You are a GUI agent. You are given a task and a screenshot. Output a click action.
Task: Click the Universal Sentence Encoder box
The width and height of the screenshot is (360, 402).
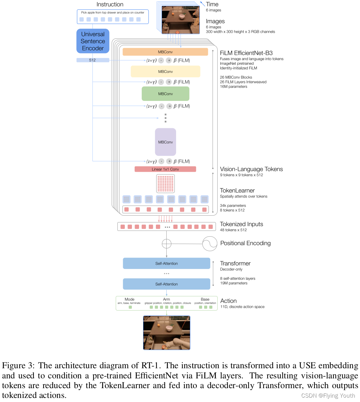pyautogui.click(x=93, y=41)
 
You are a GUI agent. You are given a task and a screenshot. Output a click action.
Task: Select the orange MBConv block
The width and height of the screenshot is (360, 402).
pyautogui.click(x=165, y=52)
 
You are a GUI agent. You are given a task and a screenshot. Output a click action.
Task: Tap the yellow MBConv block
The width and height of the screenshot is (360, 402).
pyautogui.click(x=165, y=72)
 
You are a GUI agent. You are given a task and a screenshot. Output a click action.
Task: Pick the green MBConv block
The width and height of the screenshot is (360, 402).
pyautogui.click(x=165, y=94)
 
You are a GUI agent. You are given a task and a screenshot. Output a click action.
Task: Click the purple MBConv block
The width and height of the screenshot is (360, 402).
pyautogui.click(x=165, y=142)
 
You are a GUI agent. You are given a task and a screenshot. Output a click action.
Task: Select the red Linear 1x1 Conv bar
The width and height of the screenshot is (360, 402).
pyautogui.click(x=165, y=169)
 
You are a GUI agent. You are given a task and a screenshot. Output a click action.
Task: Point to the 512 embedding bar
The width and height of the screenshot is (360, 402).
pyautogui.click(x=93, y=60)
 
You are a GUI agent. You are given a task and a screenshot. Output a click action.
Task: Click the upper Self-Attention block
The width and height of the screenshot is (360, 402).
pyautogui.click(x=166, y=264)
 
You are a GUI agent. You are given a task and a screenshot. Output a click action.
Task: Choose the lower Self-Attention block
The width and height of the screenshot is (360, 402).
pyautogui.click(x=166, y=284)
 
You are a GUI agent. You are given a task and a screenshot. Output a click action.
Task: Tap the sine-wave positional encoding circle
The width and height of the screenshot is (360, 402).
pyautogui.click(x=210, y=244)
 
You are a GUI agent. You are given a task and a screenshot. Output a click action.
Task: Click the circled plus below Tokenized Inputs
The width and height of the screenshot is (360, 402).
pyautogui.click(x=167, y=244)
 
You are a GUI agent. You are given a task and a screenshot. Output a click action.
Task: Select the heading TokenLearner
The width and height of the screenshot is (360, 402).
pyautogui.click(x=237, y=191)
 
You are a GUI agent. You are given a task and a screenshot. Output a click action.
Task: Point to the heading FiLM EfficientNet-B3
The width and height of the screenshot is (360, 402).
pyautogui.click(x=246, y=53)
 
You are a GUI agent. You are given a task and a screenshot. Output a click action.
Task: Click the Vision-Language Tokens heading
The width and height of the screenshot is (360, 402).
pyautogui.click(x=251, y=169)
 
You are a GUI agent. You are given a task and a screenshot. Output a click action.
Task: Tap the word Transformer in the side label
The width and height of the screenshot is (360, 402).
pyautogui.click(x=235, y=264)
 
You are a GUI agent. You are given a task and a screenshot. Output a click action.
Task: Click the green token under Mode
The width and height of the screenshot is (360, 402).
pyautogui.click(x=130, y=307)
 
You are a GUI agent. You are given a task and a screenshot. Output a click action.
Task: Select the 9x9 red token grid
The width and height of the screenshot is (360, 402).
pyautogui.click(x=165, y=184)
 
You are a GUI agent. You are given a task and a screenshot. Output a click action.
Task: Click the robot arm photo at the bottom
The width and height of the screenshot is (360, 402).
pyautogui.click(x=167, y=333)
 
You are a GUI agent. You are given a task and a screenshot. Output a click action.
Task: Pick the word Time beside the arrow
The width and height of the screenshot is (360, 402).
pyautogui.click(x=212, y=4)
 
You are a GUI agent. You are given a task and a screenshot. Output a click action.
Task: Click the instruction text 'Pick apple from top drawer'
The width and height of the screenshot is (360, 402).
pyautogui.click(x=113, y=12)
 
